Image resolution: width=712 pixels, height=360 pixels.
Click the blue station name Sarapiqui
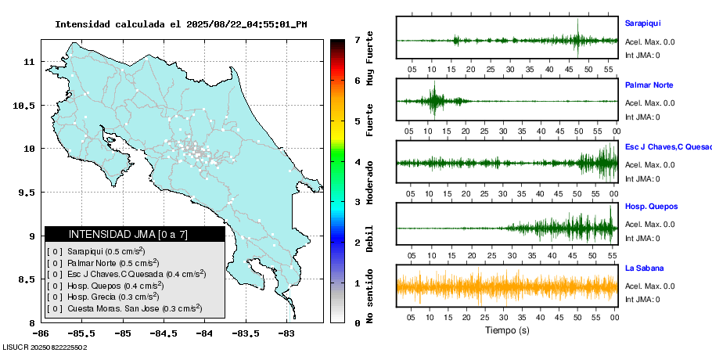pos(642,23)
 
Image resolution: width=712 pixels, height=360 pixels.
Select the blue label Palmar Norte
pos(649,85)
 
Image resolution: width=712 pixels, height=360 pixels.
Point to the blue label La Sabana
pos(644,268)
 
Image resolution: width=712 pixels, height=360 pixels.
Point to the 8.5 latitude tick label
pos(25,279)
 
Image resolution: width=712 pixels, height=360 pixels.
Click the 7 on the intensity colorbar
pos(357,39)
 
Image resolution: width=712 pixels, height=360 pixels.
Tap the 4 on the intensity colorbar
pos(357,162)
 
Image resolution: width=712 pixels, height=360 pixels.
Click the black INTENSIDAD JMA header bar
pos(135,234)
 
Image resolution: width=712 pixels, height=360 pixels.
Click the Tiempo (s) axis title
pos(506,330)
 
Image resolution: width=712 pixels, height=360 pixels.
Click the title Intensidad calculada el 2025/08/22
pos(181,24)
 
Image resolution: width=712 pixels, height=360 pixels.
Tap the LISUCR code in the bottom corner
pos(45,347)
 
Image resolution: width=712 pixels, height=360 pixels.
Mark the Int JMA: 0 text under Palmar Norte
pos(642,117)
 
